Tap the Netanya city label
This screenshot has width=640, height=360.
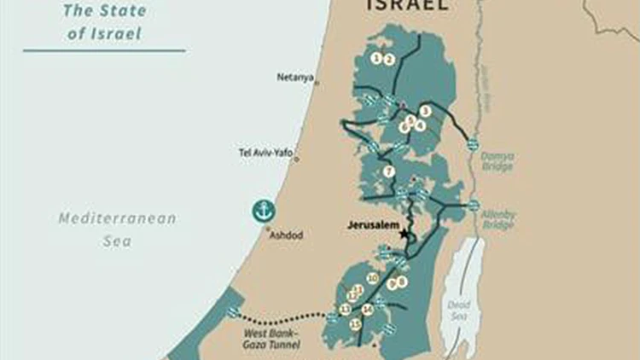coord(294,77)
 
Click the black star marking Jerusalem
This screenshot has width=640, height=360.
coord(404,233)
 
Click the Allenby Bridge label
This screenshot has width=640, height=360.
coord(497,222)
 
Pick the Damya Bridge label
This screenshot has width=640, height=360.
coord(497,161)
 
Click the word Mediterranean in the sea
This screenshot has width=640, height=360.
coord(117,218)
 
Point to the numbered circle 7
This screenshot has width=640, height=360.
coord(388,172)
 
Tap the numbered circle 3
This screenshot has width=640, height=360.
coord(425,111)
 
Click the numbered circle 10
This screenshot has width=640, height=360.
coord(372,279)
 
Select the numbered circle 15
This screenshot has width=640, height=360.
coord(355,324)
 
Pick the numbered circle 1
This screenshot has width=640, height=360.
coord(376,59)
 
